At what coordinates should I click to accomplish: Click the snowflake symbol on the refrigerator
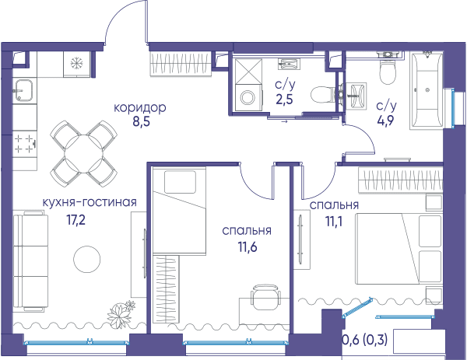pyautogui.click(x=77, y=63)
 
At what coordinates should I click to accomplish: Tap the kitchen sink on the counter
pyautogui.click(x=23, y=90)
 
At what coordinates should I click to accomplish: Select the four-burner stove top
pyautogui.click(x=24, y=144)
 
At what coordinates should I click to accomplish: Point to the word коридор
pyautogui.click(x=140, y=108)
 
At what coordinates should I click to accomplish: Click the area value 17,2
pyautogui.click(x=75, y=220)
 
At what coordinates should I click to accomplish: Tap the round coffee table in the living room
pyautogui.click(x=87, y=259)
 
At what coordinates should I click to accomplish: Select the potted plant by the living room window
pyautogui.click(x=121, y=314)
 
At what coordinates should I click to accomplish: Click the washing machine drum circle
pyautogui.click(x=248, y=97)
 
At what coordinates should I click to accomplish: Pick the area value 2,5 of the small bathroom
pyautogui.click(x=284, y=99)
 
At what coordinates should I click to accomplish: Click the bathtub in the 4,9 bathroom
pyautogui.click(x=427, y=90)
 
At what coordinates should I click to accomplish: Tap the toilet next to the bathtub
pyautogui.click(x=388, y=68)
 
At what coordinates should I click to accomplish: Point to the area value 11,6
pyautogui.click(x=247, y=246)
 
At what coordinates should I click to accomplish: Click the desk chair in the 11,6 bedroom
pyautogui.click(x=266, y=298)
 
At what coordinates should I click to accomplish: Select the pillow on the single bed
pyautogui.click(x=181, y=182)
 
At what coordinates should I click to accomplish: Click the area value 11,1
pyautogui.click(x=334, y=222)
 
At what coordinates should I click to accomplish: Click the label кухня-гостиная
pyautogui.click(x=90, y=202)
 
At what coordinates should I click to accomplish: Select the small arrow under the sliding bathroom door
pyautogui.click(x=284, y=121)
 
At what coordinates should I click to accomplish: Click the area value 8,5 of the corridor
pyautogui.click(x=141, y=122)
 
